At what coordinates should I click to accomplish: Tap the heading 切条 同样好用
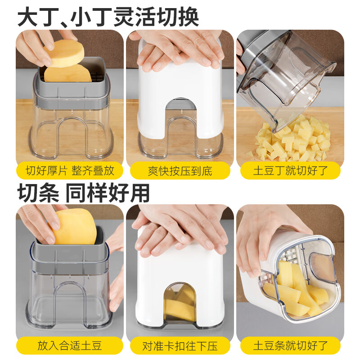(x=84, y=192)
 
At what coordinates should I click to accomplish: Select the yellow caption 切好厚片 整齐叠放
(x=70, y=171)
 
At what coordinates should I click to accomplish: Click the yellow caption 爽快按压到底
(x=180, y=171)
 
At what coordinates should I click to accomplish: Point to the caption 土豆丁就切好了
(x=290, y=171)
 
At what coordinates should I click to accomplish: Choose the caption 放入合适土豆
(x=70, y=346)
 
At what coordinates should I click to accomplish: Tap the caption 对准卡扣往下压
(x=180, y=346)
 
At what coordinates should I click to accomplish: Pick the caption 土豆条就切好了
(x=290, y=346)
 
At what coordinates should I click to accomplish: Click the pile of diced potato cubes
(x=292, y=139)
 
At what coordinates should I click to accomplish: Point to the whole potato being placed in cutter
(x=74, y=227)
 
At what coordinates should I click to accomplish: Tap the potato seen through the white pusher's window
(x=180, y=306)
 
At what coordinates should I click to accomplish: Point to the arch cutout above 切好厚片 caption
(x=70, y=135)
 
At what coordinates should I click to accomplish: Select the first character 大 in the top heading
(x=28, y=17)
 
